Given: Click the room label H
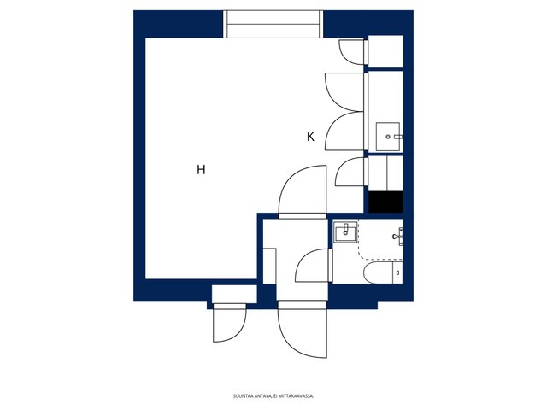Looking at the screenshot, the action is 201,170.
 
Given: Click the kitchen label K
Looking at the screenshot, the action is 310,137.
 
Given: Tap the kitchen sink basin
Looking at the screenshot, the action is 387,137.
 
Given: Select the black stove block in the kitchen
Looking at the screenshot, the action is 385,202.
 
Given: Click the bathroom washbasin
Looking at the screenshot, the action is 345,231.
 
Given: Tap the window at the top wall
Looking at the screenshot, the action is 273,24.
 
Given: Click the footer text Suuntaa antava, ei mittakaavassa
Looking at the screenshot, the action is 273,396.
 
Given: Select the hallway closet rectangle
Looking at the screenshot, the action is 270,266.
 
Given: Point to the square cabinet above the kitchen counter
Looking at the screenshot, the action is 385,51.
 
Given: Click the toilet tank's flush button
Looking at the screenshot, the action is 398,273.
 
